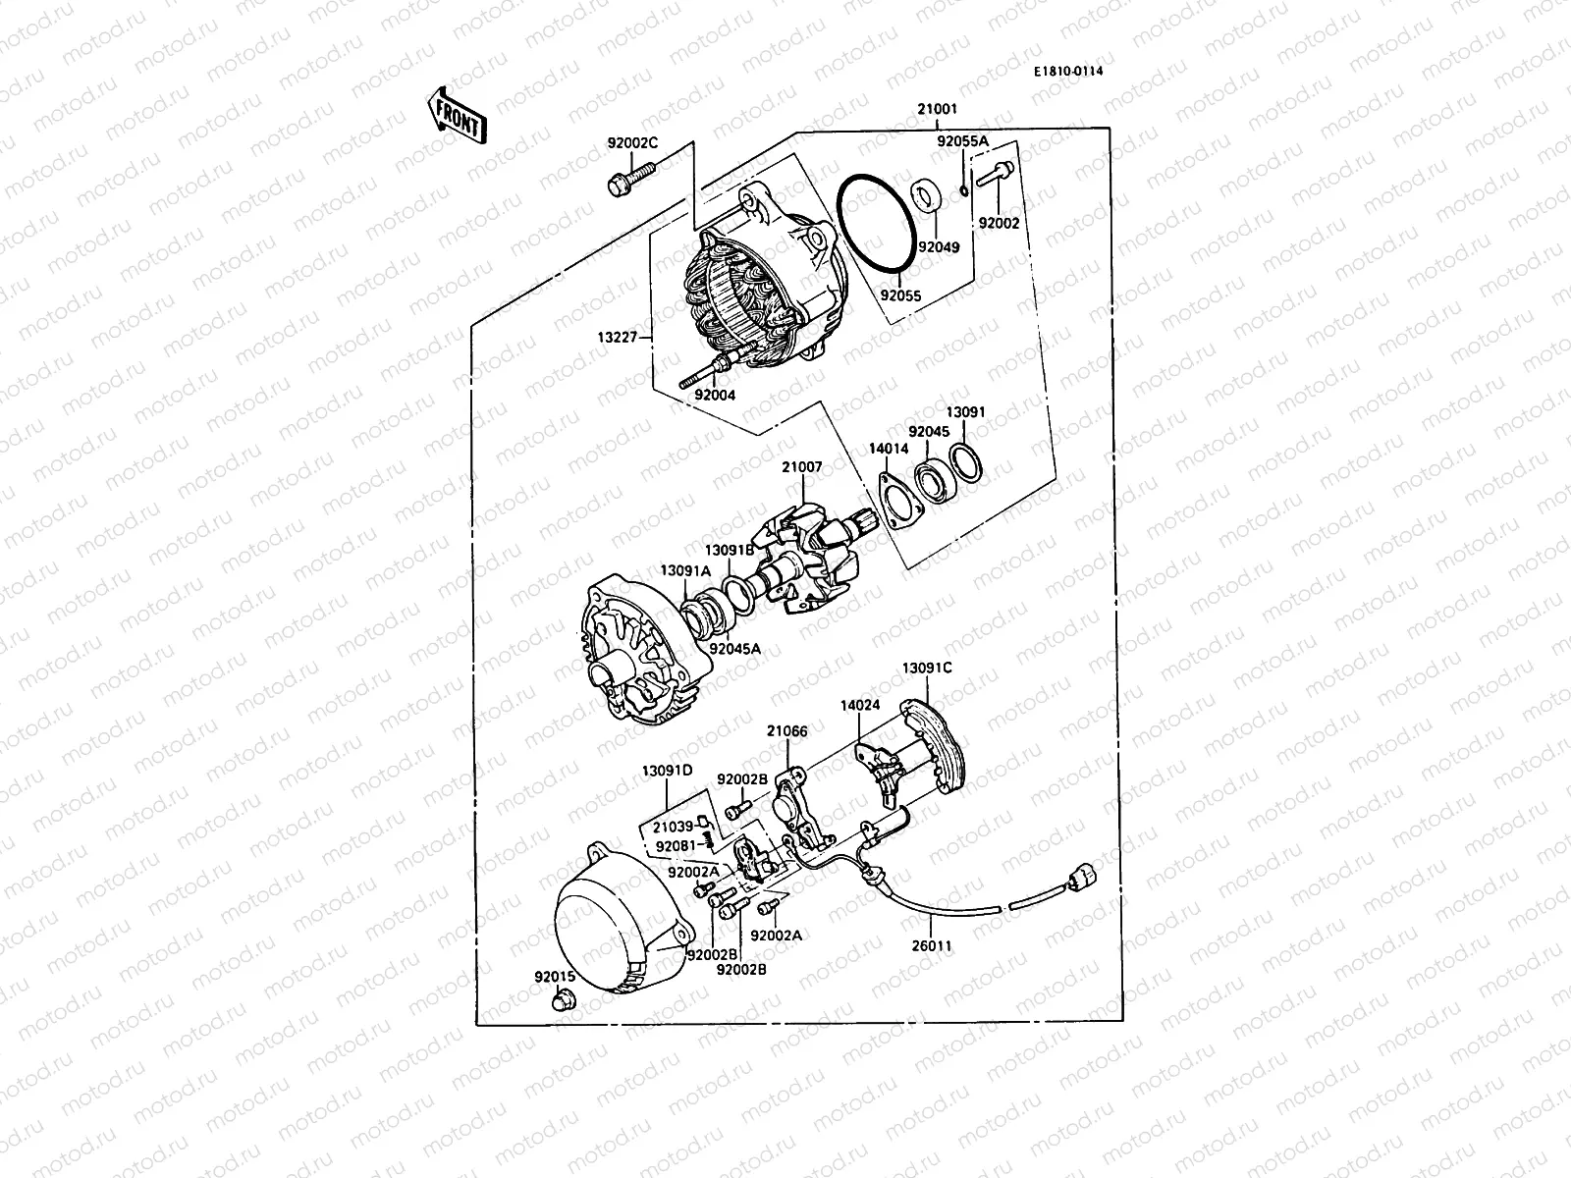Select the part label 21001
[x=937, y=110]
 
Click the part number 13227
[x=619, y=339]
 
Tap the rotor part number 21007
[x=801, y=467]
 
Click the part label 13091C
[x=927, y=669]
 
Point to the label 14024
[x=859, y=705]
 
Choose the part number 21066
[x=787, y=730]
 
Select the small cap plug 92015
[x=564, y=1000]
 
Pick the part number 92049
[x=939, y=248]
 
